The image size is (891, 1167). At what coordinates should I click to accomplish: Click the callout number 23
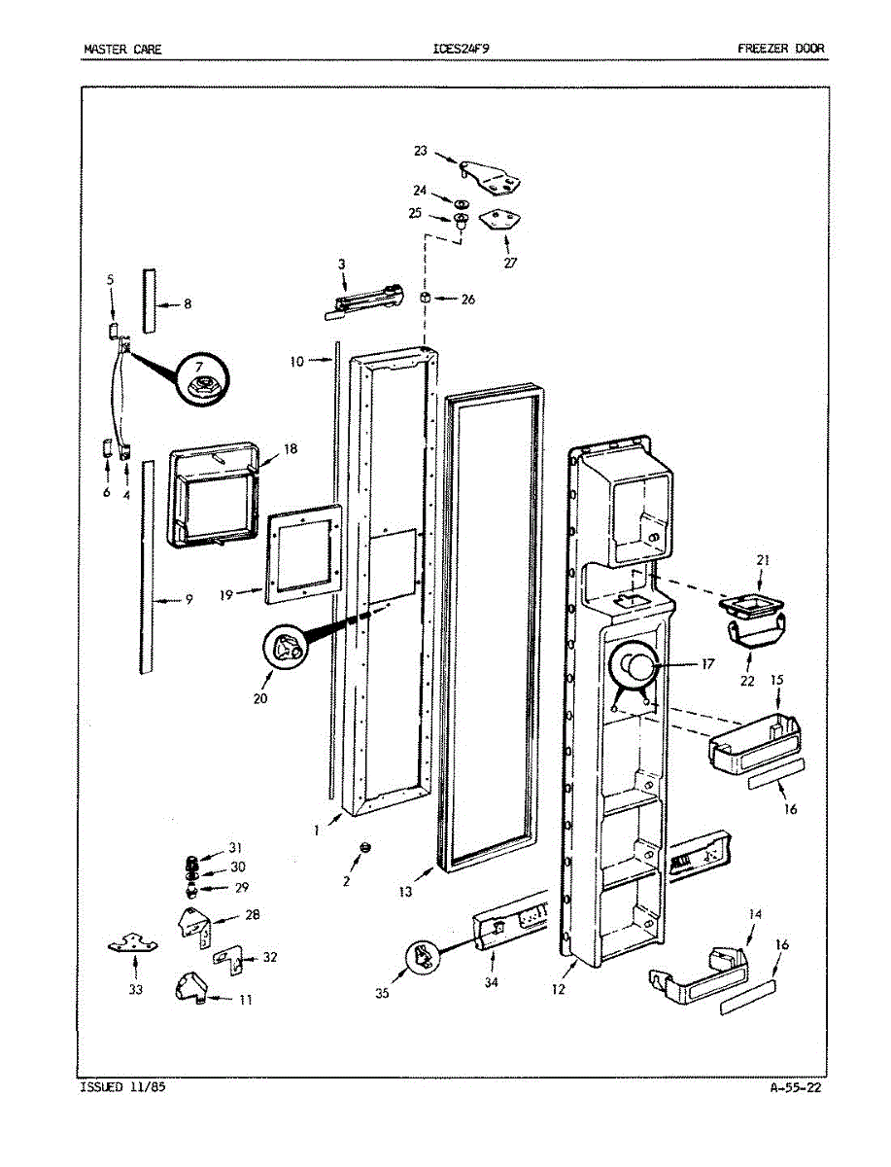point(420,151)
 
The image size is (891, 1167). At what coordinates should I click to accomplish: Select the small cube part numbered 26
point(425,298)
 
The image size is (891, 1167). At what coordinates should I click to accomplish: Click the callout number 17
point(706,665)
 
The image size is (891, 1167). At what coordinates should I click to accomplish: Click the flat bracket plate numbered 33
point(133,942)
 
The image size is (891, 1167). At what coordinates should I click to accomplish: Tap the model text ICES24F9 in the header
point(467,48)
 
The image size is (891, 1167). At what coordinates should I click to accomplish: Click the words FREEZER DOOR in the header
point(780,48)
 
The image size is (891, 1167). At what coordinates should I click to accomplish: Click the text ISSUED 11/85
point(122,1088)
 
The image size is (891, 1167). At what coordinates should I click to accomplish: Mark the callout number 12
point(559,991)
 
